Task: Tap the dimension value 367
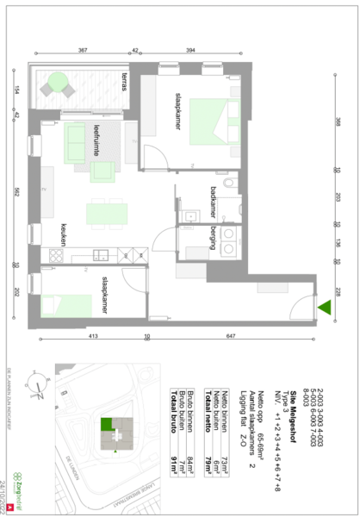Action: click(84, 51)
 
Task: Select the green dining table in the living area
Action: click(106, 211)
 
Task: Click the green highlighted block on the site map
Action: click(107, 424)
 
